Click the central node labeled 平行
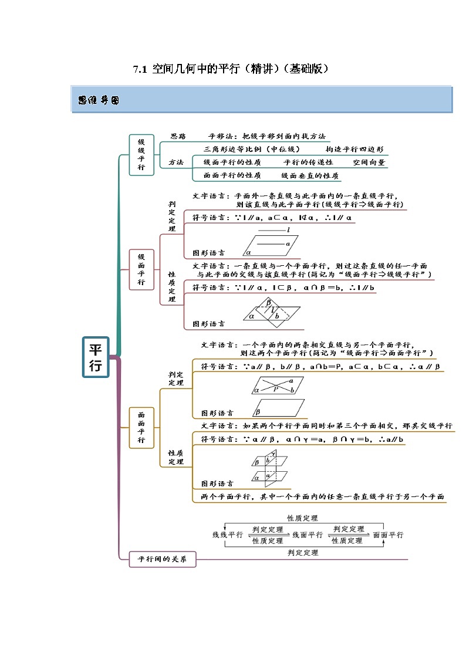(x=95, y=357)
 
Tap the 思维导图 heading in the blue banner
(x=99, y=100)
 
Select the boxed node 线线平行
(x=141, y=154)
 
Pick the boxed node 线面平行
(x=141, y=269)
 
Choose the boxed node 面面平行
(x=141, y=427)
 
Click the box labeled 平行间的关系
(x=162, y=560)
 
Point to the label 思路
(x=178, y=136)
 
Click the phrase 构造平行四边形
(x=355, y=149)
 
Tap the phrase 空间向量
(x=369, y=163)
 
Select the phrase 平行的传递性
(x=308, y=163)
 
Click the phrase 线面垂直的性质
(x=310, y=175)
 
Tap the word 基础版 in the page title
(x=302, y=69)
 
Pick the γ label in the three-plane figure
(x=273, y=454)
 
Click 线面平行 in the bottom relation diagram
(x=308, y=535)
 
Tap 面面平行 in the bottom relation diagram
(x=388, y=535)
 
